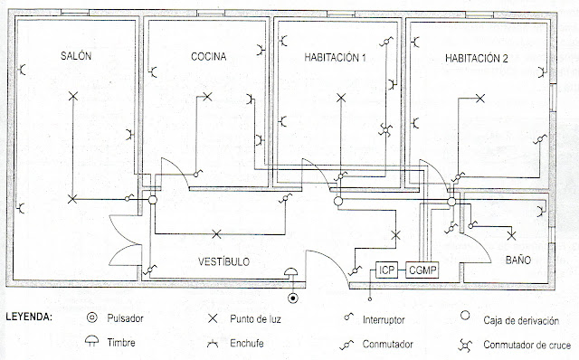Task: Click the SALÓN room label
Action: tap(77, 56)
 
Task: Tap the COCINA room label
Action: tap(208, 57)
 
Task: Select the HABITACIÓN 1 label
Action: tap(334, 59)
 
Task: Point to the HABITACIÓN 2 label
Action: tap(477, 59)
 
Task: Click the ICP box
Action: tap(387, 270)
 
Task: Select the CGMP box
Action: tap(422, 270)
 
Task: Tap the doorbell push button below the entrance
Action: tap(292, 298)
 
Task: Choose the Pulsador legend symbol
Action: tap(92, 318)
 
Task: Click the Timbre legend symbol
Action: tap(92, 343)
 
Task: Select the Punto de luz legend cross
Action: tap(214, 319)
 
